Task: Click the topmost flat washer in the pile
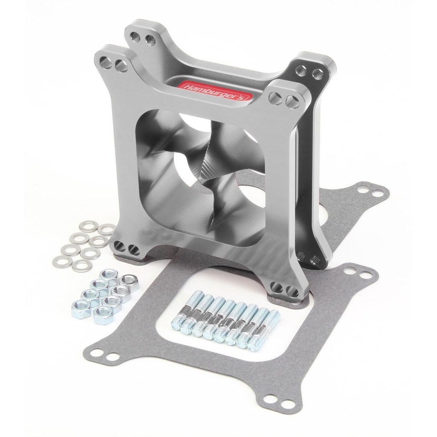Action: (x=88, y=226)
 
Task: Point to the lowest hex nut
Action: (x=103, y=315)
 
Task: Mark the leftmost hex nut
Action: (x=81, y=306)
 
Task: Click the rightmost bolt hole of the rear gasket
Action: (x=378, y=193)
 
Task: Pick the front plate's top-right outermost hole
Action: (x=292, y=101)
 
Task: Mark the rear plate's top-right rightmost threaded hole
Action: (x=317, y=74)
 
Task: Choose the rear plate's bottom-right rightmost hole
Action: (x=316, y=260)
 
